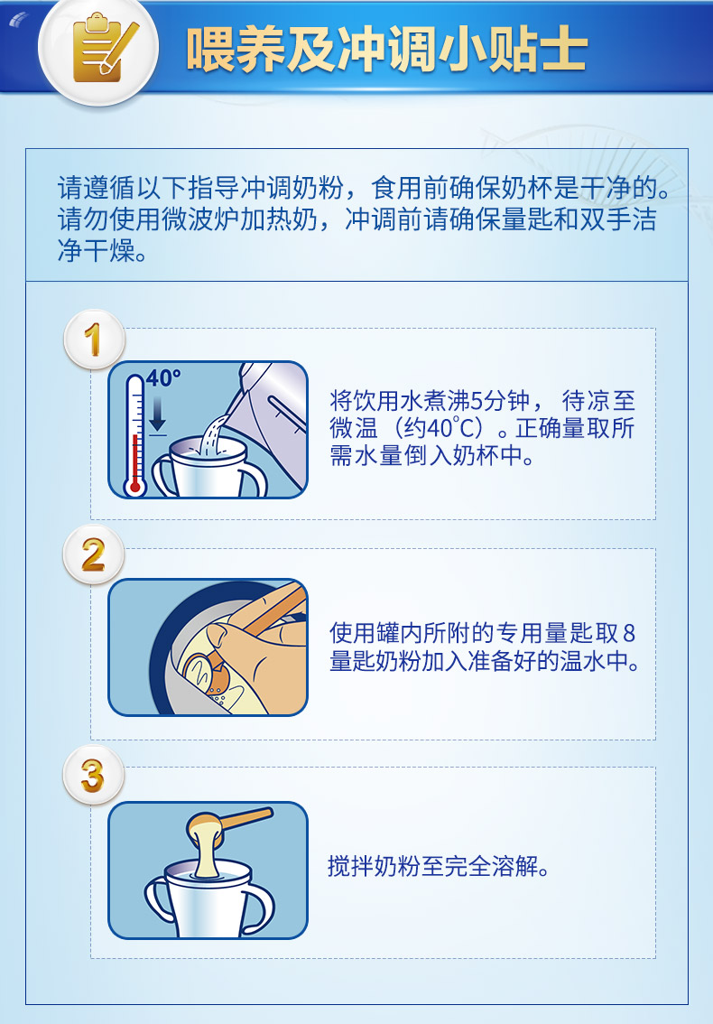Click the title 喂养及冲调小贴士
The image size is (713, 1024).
click(x=387, y=49)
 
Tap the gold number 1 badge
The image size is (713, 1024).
click(x=94, y=340)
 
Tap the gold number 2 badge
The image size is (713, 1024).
click(x=94, y=555)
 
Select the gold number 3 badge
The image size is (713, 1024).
click(x=94, y=775)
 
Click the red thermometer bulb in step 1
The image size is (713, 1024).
click(x=135, y=487)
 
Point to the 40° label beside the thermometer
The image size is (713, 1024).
click(x=163, y=378)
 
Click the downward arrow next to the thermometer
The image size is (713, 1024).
click(x=157, y=414)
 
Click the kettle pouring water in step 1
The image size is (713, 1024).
click(x=271, y=418)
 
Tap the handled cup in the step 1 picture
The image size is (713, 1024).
click(x=209, y=467)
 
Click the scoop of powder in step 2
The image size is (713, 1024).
click(x=207, y=672)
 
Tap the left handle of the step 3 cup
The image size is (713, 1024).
click(x=157, y=900)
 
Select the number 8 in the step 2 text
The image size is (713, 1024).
click(x=629, y=633)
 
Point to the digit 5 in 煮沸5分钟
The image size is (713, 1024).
click(x=477, y=400)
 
